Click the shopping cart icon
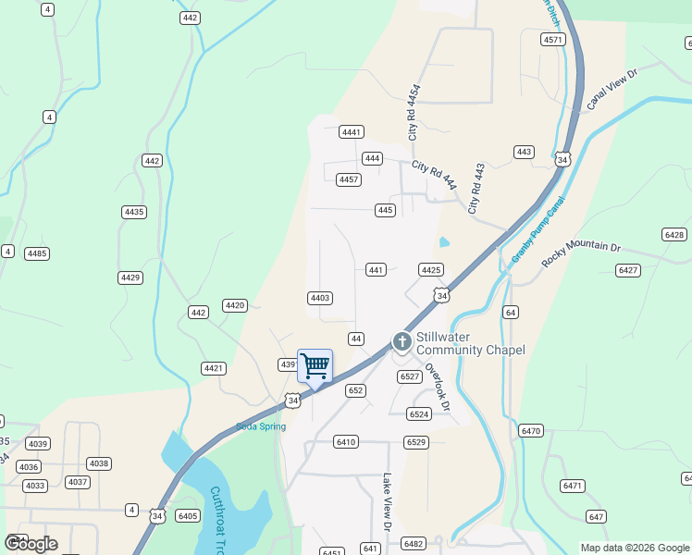[315, 366]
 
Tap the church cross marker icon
[402, 341]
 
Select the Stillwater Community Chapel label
[470, 343]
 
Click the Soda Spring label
[261, 426]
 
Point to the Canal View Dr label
[612, 89]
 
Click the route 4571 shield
[553, 39]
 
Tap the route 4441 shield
[352, 132]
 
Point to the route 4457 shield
[349, 179]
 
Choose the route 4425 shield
[430, 270]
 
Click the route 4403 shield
[320, 298]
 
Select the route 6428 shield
[674, 235]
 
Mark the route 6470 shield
[531, 431]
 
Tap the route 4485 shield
[37, 253]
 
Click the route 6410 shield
[346, 442]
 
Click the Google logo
[31, 544]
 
